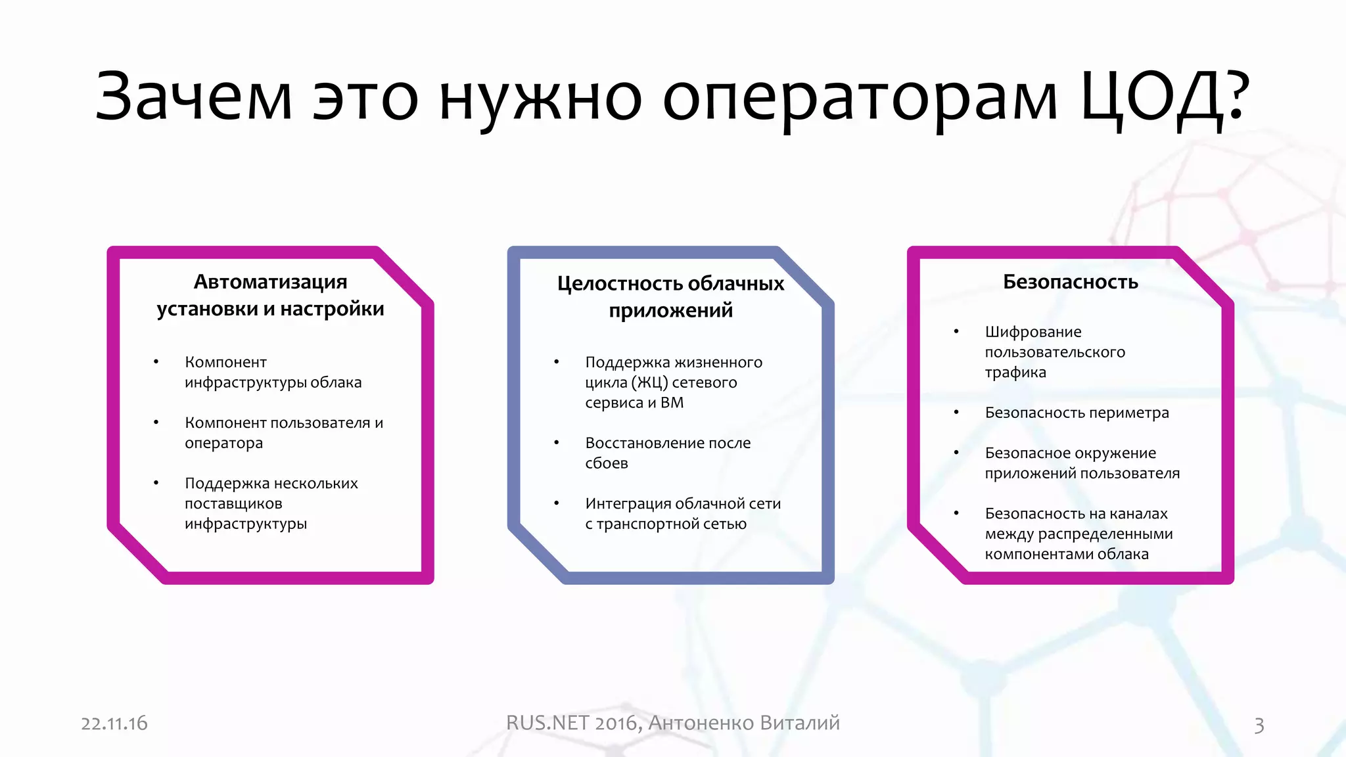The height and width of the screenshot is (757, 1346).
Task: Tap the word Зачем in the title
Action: tap(194, 97)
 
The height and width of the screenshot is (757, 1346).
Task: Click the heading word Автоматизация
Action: tap(270, 282)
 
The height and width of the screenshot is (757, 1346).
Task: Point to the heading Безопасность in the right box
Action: tap(1070, 282)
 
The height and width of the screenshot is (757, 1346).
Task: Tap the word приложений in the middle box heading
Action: tap(670, 310)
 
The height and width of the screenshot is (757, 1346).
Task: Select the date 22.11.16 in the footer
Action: tap(114, 723)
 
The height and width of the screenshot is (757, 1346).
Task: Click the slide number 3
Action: tap(1259, 725)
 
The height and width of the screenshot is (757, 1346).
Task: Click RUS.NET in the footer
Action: tap(547, 723)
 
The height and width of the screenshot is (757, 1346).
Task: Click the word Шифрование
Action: tap(1033, 332)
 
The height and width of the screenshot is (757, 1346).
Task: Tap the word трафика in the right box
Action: tap(1015, 373)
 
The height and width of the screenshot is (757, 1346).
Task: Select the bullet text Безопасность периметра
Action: tap(1077, 413)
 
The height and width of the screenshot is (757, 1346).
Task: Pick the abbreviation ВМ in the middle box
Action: tap(672, 403)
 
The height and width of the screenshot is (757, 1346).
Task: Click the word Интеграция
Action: tap(628, 503)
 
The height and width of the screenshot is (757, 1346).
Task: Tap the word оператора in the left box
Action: tap(223, 444)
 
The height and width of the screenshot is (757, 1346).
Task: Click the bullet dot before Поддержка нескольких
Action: tap(156, 483)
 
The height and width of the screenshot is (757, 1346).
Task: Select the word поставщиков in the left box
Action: tap(233, 504)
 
